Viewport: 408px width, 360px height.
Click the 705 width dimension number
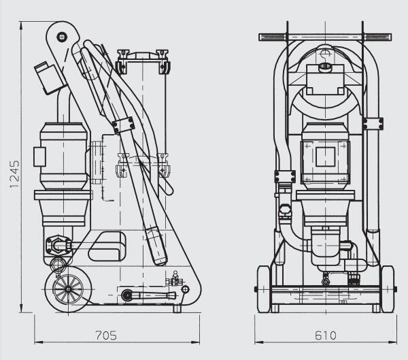105,335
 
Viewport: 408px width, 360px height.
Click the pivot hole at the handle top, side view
61,36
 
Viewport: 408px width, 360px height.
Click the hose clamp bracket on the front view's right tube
373,123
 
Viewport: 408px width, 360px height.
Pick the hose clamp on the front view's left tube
284,176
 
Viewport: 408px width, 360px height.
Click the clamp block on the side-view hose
123,125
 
